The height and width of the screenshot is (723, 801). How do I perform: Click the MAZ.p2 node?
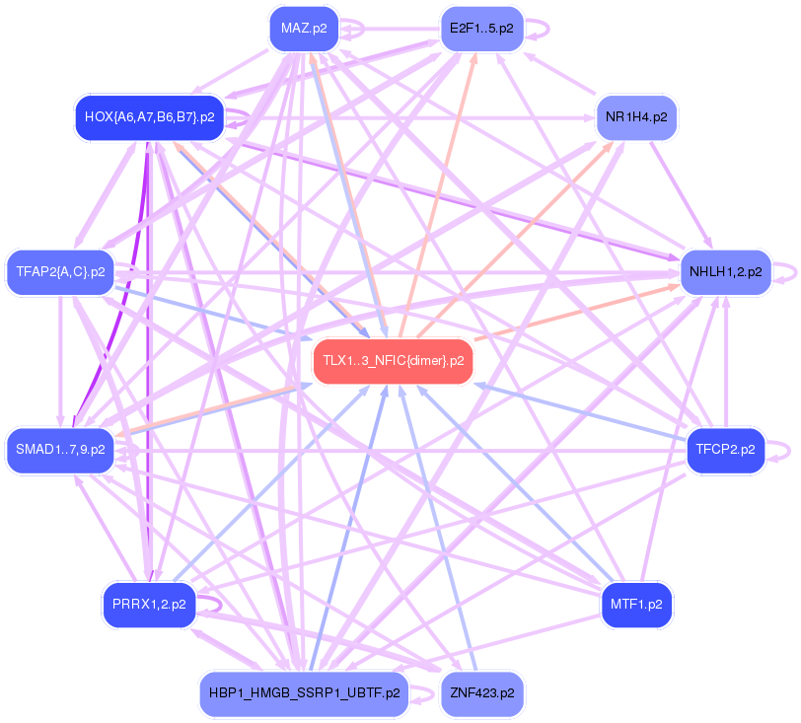[304, 29]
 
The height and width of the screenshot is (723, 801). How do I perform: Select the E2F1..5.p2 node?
[480, 29]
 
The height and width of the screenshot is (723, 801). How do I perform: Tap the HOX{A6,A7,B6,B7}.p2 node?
[150, 117]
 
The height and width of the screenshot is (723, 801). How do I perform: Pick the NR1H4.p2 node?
[636, 117]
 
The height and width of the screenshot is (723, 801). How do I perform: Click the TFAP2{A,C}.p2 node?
[61, 271]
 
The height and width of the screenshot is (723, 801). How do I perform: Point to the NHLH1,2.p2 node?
[725, 271]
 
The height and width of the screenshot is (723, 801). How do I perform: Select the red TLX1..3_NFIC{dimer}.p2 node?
[393, 361]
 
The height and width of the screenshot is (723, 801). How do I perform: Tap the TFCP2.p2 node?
[725, 450]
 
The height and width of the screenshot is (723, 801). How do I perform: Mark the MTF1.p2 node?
[636, 605]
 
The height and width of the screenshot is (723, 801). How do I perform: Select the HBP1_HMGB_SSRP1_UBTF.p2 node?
[304, 693]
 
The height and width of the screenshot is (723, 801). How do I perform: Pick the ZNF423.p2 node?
[480, 693]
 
